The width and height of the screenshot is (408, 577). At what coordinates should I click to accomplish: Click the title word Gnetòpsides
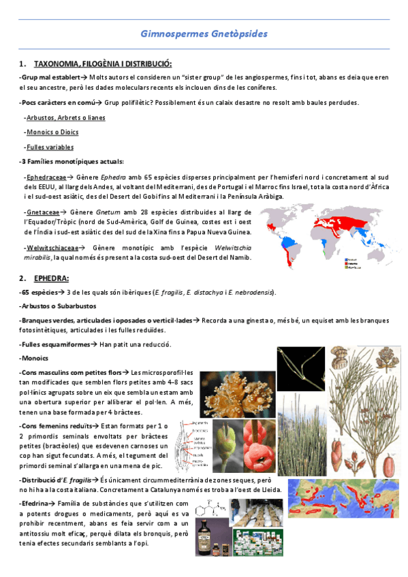point(238,33)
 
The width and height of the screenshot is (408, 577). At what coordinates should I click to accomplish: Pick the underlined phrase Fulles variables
point(49,146)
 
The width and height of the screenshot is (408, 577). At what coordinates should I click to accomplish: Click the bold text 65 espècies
point(39,292)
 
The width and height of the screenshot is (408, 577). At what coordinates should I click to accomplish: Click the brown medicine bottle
point(204,537)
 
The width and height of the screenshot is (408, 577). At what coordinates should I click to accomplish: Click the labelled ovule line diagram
point(195,446)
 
